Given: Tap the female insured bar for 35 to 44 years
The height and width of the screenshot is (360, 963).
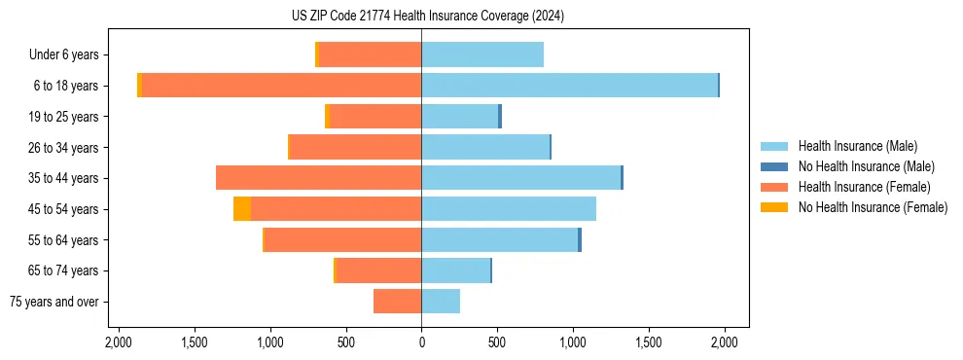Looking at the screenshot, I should coord(318,178).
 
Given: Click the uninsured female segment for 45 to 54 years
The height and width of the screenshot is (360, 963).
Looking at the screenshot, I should coord(242,209).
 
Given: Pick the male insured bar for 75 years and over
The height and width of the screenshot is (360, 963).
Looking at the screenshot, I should coord(441,302).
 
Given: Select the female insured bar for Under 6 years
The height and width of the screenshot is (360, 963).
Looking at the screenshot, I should coord(370,54).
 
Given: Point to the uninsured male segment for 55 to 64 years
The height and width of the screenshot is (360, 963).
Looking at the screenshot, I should coord(580,240).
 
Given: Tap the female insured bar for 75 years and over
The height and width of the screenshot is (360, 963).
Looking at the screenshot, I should coord(397,302).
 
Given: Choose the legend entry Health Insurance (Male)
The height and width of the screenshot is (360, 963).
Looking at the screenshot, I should coord(857,146).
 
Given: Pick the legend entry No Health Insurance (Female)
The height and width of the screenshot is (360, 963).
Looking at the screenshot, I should coord(873,207).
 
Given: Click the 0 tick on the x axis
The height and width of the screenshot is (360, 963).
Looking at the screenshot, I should coord(421,342).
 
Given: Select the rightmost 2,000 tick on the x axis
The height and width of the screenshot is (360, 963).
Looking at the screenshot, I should coord(724,342).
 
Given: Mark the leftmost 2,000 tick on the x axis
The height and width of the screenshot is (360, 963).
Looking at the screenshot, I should coord(119,342).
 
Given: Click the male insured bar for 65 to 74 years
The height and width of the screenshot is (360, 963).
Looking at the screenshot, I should coord(455,270).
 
